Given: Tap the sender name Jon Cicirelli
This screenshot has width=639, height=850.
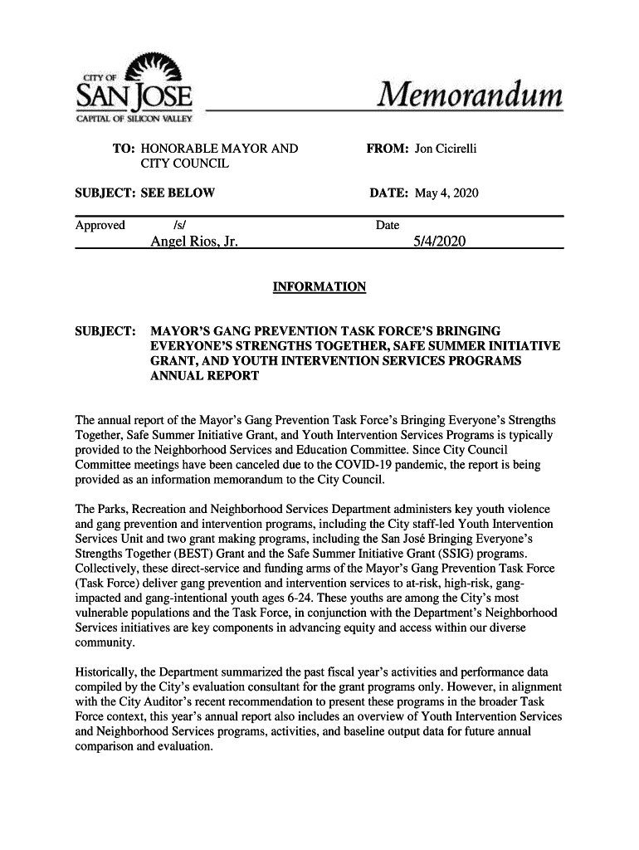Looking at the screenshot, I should coord(446,149).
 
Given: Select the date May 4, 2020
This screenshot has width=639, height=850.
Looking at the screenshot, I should coord(447,193).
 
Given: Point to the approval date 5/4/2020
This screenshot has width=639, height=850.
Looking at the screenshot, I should coord(439,242).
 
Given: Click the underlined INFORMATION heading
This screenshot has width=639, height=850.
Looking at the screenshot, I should coord(319,287).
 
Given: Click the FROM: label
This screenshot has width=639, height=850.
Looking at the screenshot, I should coord(387,149).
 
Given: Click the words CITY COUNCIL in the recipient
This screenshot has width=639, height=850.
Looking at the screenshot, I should coord(185,164).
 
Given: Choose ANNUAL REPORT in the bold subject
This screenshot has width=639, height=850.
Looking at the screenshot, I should coord(204,376).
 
